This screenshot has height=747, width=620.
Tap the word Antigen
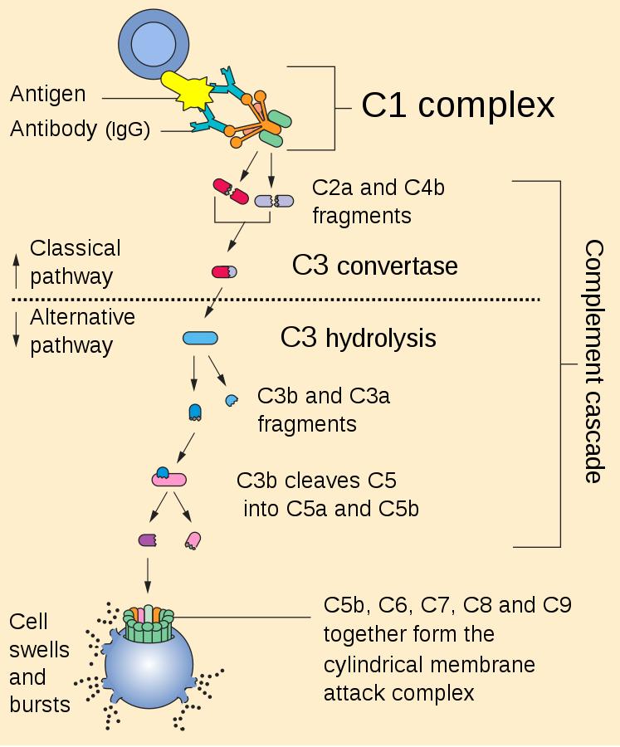[47, 95]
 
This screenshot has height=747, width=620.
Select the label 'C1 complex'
[457, 105]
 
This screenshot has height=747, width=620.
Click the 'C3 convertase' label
[374, 266]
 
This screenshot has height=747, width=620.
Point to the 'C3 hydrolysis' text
[359, 338]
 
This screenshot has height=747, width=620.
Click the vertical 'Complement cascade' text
[593, 361]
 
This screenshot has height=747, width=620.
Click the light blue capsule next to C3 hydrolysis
[200, 338]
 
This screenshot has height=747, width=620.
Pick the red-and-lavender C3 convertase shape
[224, 271]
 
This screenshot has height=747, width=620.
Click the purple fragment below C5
[148, 540]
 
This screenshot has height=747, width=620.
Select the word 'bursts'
[39, 705]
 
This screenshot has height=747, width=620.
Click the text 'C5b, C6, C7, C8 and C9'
[447, 604]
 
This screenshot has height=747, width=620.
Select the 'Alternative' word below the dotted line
[82, 318]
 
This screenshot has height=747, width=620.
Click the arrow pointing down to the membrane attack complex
[148, 574]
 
